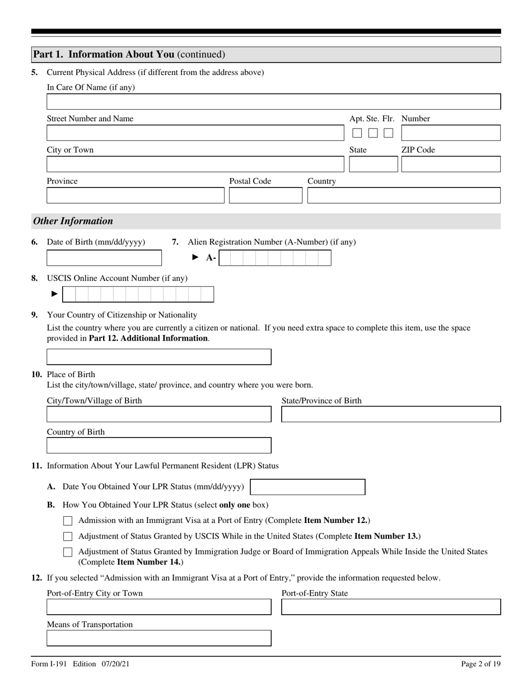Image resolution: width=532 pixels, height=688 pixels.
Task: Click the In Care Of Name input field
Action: pyautogui.click(x=273, y=102)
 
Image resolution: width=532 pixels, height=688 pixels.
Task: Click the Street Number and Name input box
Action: pyautogui.click(x=195, y=133)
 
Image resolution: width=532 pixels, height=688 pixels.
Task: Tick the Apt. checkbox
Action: pyautogui.click(x=357, y=133)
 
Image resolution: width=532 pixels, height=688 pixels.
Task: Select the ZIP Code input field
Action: pyautogui.click(x=450, y=164)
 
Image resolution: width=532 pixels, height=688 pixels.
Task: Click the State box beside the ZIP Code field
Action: pyautogui.click(x=373, y=164)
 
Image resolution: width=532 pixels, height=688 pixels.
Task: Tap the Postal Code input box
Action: pyautogui.click(x=265, y=195)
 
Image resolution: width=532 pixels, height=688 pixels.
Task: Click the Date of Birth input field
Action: pyautogui.click(x=104, y=258)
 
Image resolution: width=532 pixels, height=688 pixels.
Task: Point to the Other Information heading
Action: pyautogui.click(x=73, y=221)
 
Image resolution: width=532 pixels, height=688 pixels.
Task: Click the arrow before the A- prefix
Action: pyautogui.click(x=195, y=257)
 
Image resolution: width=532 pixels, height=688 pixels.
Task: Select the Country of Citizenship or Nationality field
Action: pyautogui.click(x=158, y=357)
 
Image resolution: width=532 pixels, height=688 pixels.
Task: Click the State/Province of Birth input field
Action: pyautogui.click(x=390, y=414)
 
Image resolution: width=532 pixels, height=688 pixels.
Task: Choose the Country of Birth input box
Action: pyautogui.click(x=158, y=446)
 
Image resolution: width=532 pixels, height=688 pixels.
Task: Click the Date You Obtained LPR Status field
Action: pyautogui.click(x=307, y=487)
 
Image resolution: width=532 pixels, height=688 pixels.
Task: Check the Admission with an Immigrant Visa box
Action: pyautogui.click(x=68, y=521)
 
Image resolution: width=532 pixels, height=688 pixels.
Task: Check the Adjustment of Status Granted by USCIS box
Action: pyautogui.click(x=68, y=536)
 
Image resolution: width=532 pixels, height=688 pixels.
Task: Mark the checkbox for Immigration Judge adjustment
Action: pyautogui.click(x=68, y=552)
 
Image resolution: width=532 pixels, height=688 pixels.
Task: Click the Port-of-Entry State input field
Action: pyautogui.click(x=390, y=607)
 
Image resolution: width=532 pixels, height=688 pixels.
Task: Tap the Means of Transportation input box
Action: pyautogui.click(x=158, y=638)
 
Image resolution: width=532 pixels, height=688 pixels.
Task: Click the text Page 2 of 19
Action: pyautogui.click(x=480, y=664)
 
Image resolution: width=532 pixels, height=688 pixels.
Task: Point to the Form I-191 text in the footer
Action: pyautogui.click(x=50, y=664)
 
